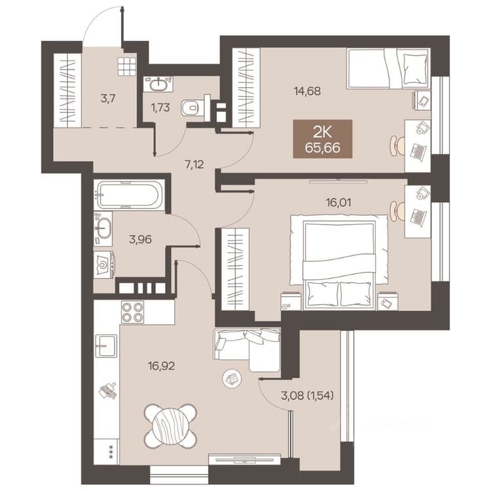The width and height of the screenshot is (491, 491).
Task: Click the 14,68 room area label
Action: [307, 92]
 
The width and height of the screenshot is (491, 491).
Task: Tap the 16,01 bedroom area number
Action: [338, 202]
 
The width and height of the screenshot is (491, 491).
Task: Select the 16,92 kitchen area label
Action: [162, 366]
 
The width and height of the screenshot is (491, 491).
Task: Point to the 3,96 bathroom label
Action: [140, 240]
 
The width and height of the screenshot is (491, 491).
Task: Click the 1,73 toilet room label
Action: [160, 108]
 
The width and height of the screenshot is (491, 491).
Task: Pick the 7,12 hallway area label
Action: [194, 164]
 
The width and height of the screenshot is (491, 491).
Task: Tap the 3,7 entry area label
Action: [108, 99]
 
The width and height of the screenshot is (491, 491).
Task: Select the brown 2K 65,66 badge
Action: [323, 139]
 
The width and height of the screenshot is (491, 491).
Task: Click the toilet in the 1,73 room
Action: [196, 107]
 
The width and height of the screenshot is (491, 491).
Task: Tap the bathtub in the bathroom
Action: [130, 196]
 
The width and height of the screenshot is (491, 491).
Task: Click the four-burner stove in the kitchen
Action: [132, 312]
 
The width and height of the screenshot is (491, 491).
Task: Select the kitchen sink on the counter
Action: [106, 346]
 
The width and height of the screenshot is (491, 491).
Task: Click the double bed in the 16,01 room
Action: [339, 262]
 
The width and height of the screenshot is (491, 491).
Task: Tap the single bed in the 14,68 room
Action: [388, 68]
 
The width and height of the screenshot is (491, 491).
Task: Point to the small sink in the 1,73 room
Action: [158, 84]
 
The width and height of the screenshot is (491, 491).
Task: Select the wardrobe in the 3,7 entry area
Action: [68, 90]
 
